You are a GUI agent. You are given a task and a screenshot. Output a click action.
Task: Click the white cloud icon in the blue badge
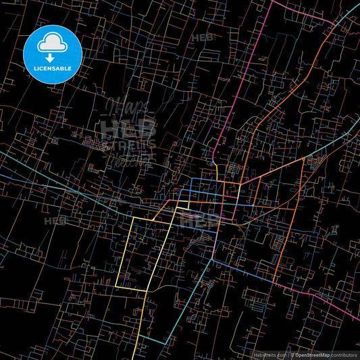coord(52,45)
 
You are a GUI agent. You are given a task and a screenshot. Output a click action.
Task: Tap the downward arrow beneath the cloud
coord(51,59)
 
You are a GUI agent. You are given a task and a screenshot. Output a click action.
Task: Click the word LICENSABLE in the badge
coord(52,68)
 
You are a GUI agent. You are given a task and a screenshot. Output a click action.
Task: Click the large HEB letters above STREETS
coord(128,127)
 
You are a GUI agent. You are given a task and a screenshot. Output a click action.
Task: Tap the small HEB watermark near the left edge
coord(55,221)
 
